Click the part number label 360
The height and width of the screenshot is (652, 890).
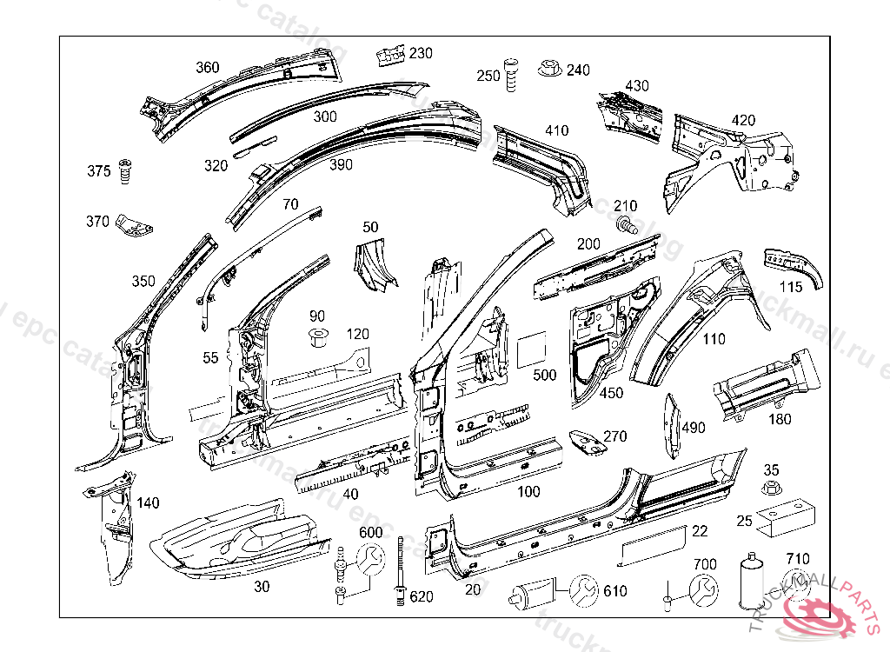pos(208,68)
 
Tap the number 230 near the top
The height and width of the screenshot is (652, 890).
pos(421,53)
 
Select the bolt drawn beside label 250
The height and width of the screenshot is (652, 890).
pos(511,76)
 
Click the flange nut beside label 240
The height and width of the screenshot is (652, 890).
pos(549,67)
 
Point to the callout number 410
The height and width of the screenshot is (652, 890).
pos(556,131)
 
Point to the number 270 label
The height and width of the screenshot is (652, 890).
pos(614,436)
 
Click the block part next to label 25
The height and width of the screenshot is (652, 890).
pos(787,521)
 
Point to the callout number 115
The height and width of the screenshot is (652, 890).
pos(790,287)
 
